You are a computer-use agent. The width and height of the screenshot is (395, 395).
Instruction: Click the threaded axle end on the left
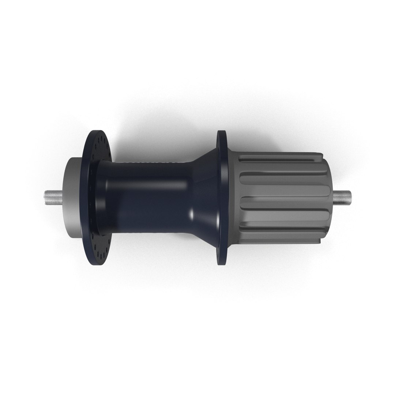54,198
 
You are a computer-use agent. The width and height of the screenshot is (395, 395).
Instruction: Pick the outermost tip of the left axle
46,198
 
